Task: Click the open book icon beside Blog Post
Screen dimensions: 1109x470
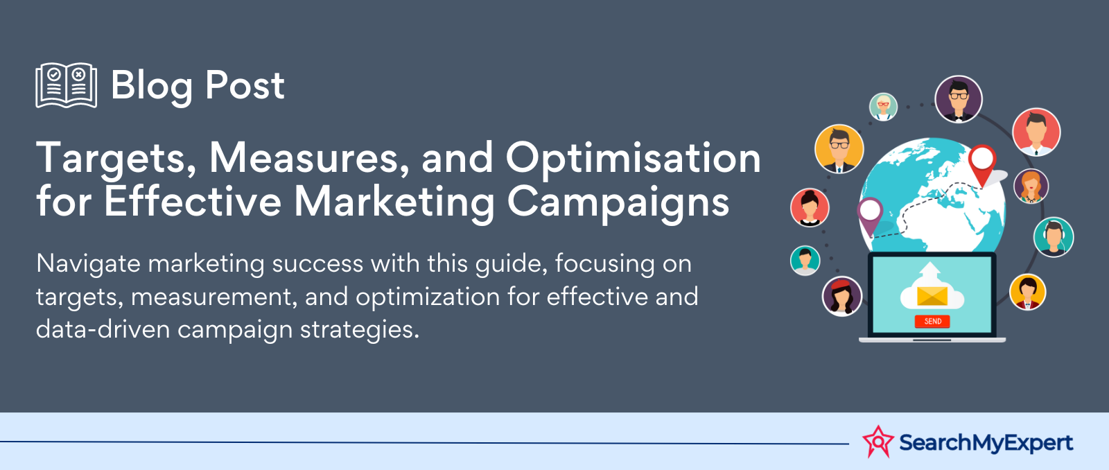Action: pos(67,85)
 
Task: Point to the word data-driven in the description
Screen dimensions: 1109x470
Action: pos(103,329)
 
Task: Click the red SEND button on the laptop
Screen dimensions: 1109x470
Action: pos(932,322)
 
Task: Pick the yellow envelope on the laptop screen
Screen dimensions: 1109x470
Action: pos(932,296)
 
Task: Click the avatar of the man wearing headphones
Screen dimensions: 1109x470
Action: pos(1053,237)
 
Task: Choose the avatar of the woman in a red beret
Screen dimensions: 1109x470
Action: pos(841,296)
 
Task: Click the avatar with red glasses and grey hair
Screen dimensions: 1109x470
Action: pos(883,107)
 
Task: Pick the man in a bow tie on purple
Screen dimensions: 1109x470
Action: pos(959,99)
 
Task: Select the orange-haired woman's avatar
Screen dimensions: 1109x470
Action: pos(1031,186)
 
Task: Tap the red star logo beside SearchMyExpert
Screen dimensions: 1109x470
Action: pos(878,442)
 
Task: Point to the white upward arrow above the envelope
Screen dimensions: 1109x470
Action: pos(932,273)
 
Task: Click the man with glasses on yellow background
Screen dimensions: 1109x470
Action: pos(839,148)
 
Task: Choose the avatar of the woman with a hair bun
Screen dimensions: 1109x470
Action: pos(810,207)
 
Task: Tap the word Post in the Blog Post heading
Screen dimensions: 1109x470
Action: pos(245,85)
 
